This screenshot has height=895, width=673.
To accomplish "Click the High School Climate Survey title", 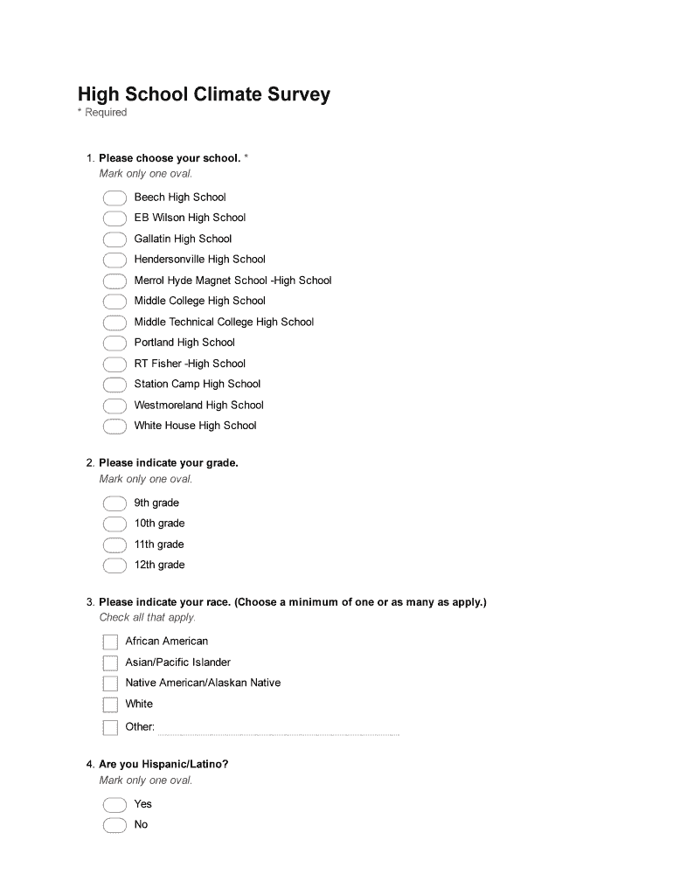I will click(204, 94).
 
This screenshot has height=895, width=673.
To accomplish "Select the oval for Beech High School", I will click(114, 198).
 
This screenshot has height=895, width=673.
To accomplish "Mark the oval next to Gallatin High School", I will click(114, 239).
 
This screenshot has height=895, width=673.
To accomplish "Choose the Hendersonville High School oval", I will click(114, 260).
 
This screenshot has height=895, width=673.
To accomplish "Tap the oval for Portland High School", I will click(114, 343).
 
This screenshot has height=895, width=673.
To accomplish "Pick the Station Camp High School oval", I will click(114, 385).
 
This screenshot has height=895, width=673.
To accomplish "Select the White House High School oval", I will click(114, 427).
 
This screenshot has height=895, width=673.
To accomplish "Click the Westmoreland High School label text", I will click(198, 406).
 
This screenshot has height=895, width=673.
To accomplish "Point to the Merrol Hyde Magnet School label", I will click(232, 281).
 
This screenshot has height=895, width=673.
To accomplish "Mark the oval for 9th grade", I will click(114, 503).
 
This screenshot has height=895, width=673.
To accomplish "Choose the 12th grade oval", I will click(114, 565).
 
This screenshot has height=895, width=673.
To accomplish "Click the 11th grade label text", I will click(158, 545).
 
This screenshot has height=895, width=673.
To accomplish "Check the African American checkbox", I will click(110, 642).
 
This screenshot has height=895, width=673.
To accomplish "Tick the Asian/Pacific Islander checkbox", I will click(110, 663).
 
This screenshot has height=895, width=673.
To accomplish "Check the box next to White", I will click(110, 704).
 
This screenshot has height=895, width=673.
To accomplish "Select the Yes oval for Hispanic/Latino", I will click(114, 804).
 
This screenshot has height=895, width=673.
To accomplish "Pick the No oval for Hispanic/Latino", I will click(114, 825).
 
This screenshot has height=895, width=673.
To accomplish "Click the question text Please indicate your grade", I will click(168, 463).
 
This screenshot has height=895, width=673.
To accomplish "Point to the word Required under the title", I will click(106, 113).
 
